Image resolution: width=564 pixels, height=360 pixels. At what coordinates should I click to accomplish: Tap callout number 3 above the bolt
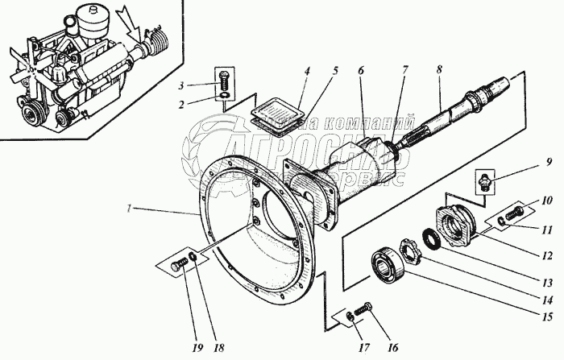coord(182,85)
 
